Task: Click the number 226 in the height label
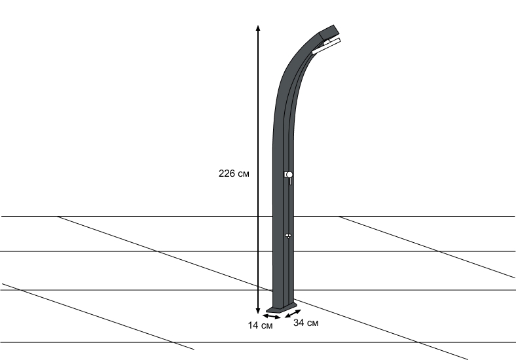click(x=227, y=173)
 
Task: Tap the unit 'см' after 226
click(x=243, y=174)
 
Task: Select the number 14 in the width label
click(x=253, y=325)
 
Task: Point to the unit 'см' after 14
click(x=267, y=326)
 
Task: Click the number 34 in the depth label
click(x=299, y=323)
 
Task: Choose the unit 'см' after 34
click(x=312, y=323)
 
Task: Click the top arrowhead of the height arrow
click(x=258, y=27)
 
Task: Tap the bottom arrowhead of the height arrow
click(x=258, y=312)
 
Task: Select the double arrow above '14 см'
click(x=272, y=317)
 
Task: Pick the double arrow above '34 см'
click(x=293, y=314)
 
